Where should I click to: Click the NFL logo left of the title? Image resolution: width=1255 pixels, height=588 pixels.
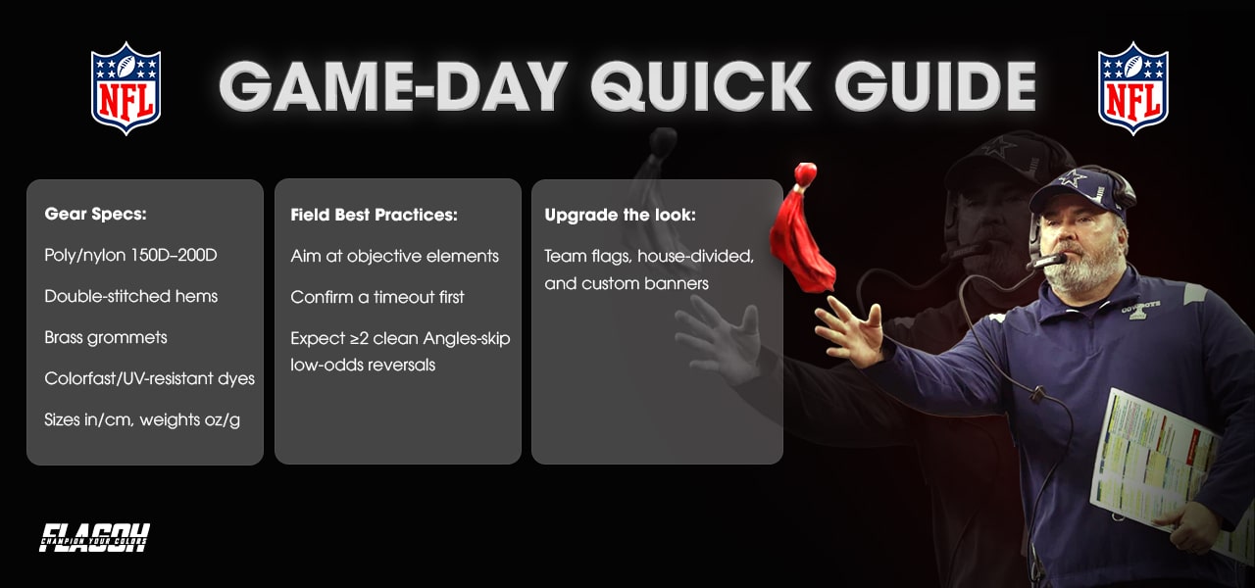coord(125,87)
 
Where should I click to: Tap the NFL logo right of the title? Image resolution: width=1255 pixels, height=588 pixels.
coord(1132,87)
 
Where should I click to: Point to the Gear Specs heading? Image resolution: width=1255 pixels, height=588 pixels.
coord(95,214)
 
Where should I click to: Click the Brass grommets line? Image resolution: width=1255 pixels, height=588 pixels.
coord(106,337)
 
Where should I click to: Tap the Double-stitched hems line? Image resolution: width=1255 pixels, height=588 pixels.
coord(131,296)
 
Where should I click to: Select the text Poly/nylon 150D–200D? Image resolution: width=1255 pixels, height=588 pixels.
coord(130,255)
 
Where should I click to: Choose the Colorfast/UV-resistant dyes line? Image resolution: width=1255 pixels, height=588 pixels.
coord(150,378)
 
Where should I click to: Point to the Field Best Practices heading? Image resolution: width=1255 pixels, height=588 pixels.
coord(374,214)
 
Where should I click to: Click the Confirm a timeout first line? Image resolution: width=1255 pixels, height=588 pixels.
coord(377,296)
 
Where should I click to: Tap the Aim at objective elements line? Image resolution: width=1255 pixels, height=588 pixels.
coord(395,256)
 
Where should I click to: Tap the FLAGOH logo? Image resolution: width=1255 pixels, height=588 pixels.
coord(95,537)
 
